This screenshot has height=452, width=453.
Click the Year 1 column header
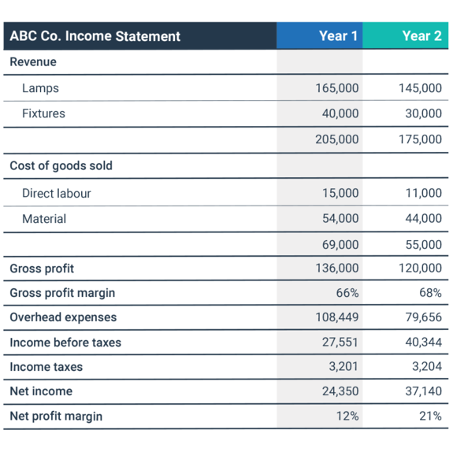click(x=338, y=36)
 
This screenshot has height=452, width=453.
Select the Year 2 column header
click(x=421, y=36)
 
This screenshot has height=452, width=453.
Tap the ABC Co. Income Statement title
click(x=95, y=36)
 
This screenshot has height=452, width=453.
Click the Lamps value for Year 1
click(x=337, y=88)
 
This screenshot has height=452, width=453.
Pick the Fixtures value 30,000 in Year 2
click(x=424, y=113)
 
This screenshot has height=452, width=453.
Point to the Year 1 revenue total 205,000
click(x=337, y=139)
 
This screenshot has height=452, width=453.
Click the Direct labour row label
click(x=57, y=193)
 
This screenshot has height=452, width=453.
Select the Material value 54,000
click(x=340, y=218)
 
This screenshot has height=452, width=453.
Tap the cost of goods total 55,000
click(x=424, y=245)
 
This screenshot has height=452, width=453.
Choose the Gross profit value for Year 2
click(x=420, y=268)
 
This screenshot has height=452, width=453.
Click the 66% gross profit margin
click(x=347, y=293)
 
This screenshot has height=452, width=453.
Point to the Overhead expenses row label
click(x=63, y=317)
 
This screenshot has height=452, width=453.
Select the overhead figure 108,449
click(x=337, y=317)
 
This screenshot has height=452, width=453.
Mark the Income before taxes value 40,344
click(x=424, y=343)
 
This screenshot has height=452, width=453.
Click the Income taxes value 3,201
click(x=343, y=366)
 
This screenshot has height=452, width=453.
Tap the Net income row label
click(x=41, y=391)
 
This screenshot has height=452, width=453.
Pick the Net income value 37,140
click(x=424, y=391)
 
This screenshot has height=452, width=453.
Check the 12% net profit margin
click(x=347, y=417)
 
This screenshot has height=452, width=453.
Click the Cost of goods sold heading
click(x=61, y=166)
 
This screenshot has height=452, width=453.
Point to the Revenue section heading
click(x=33, y=61)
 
